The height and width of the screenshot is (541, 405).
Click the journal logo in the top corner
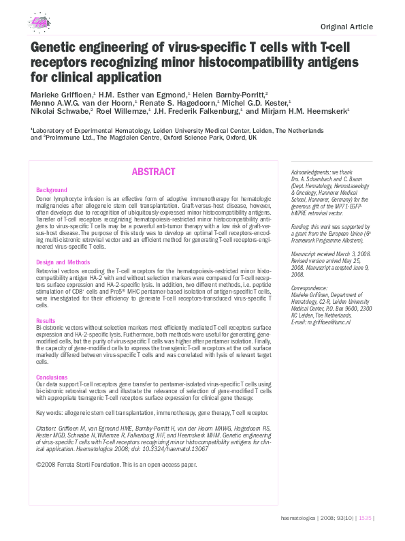pos(39,22)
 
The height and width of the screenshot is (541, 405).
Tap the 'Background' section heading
pos(52,189)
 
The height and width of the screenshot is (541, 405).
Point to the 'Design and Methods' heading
pos(63,262)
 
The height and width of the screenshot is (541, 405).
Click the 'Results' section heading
pos(46,320)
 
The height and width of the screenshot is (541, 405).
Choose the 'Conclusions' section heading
pos(52,377)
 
